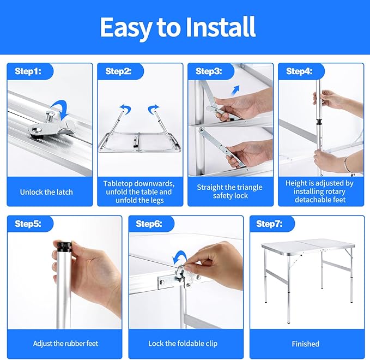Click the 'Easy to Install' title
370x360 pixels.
pos(178,27)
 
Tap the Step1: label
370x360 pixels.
pos(28,71)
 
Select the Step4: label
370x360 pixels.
pos(299,71)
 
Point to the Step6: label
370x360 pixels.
pos(149,224)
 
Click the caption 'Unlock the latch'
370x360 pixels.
pos(46,192)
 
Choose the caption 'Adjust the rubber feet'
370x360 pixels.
pos(65,344)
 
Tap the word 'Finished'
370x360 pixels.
pos(305,344)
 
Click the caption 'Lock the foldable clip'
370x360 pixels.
pos(183,344)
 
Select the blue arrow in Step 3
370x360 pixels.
pos(235,91)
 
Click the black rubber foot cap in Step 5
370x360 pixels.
pos(63,247)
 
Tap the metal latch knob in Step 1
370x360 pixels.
pos(50,116)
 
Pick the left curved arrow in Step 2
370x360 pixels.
pos(125,109)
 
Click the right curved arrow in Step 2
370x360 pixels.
pos(153,109)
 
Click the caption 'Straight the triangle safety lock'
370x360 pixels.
pos(230,191)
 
